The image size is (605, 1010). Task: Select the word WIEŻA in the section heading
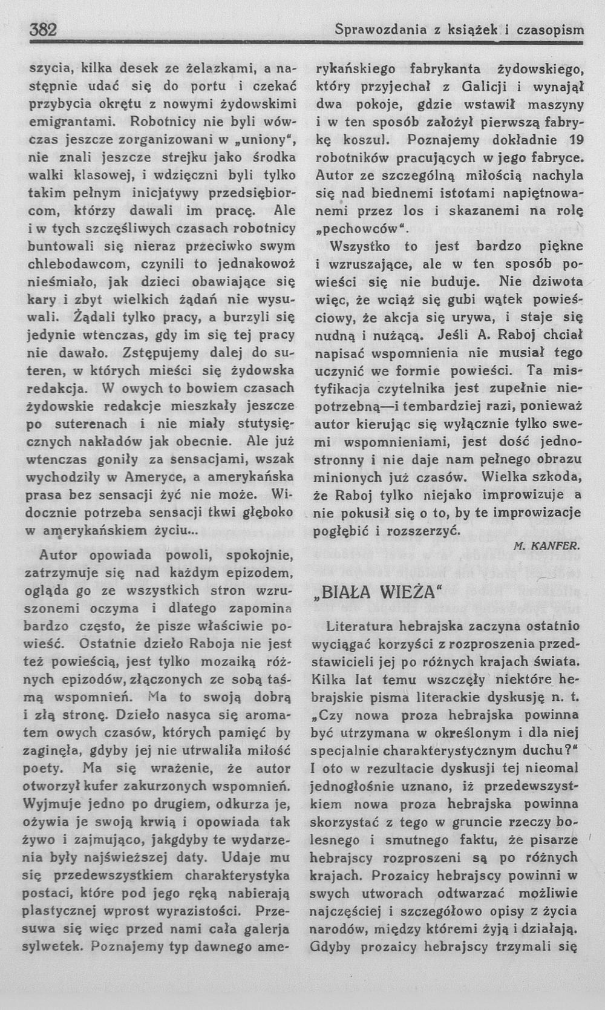click(x=408, y=590)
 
